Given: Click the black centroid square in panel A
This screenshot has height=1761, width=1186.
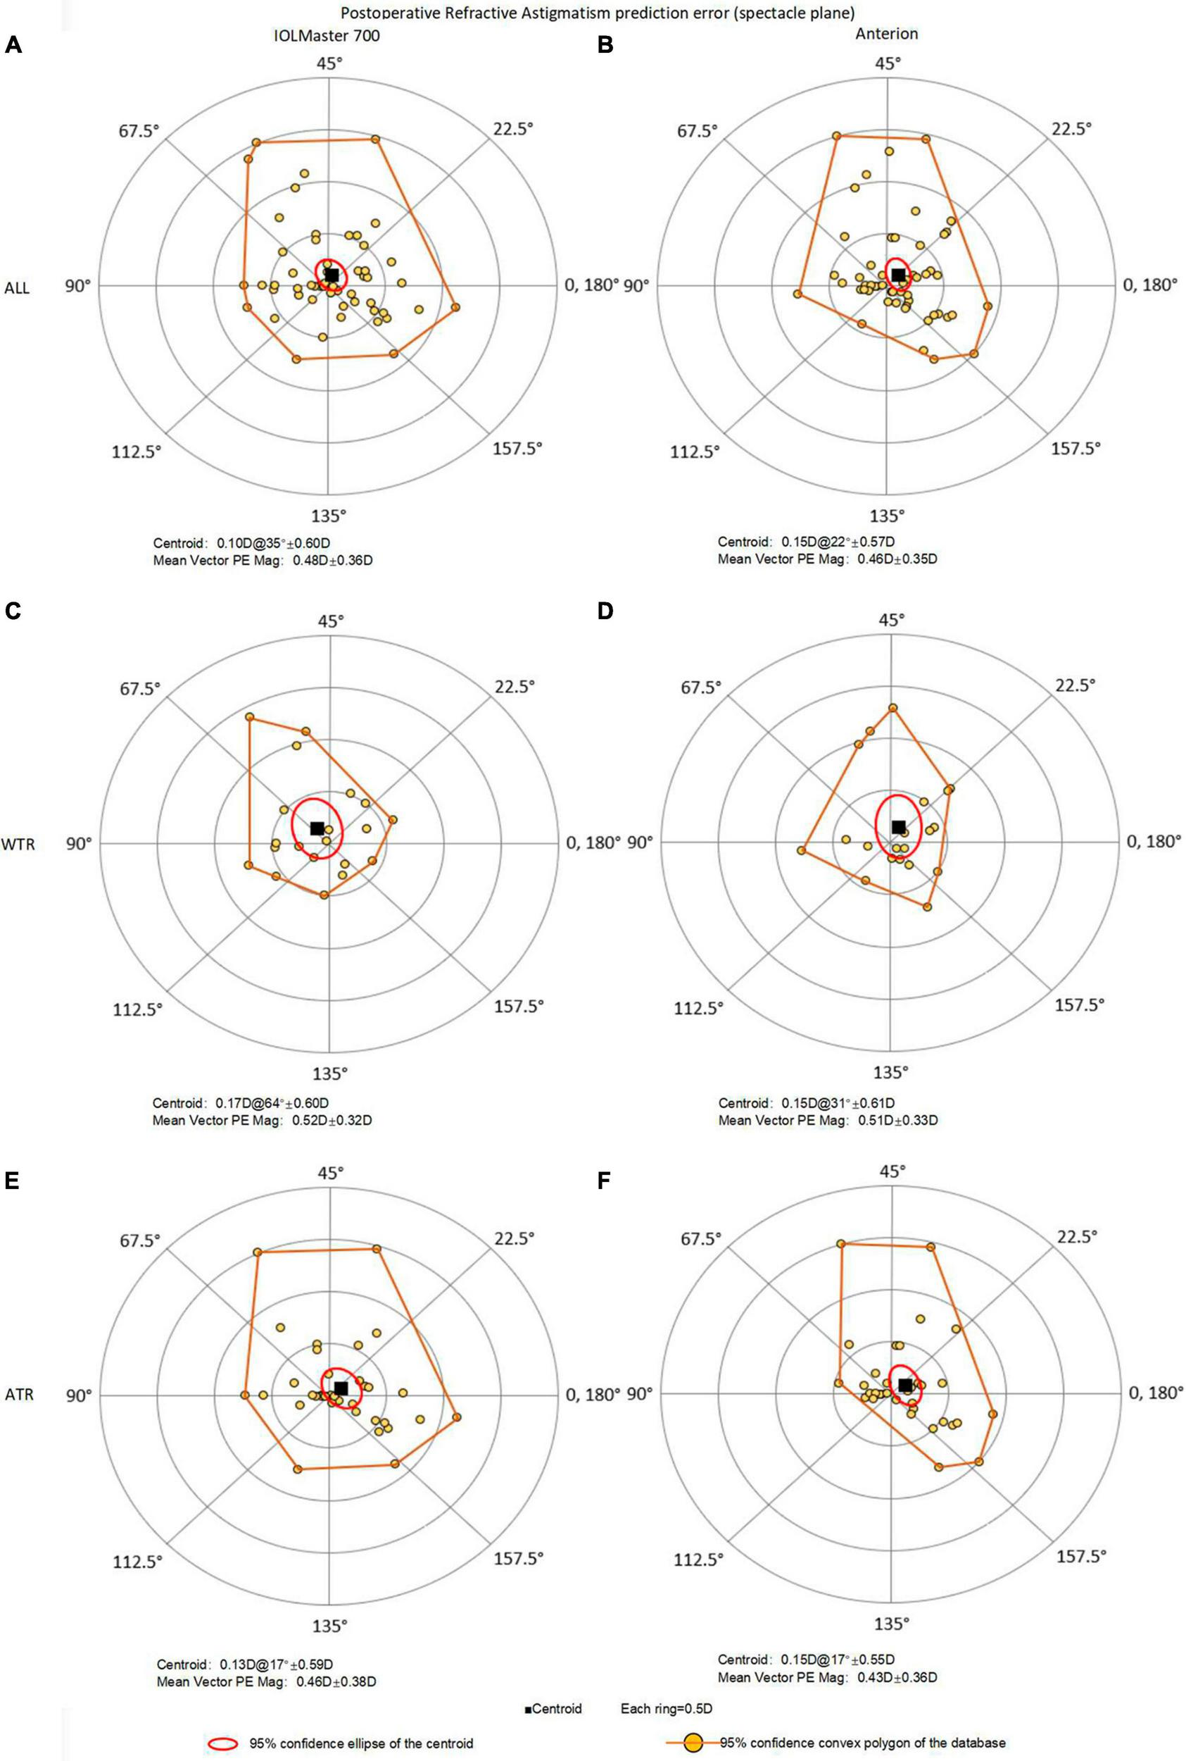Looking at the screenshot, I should coord(332,275).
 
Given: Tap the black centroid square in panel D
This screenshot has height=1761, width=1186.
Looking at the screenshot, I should coord(898,826).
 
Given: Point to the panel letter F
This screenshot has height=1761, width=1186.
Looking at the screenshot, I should coord(605,1181).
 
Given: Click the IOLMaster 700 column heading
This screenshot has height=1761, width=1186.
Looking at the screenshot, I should coord(328,35).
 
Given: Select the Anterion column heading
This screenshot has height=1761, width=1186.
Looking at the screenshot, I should coord(888,35).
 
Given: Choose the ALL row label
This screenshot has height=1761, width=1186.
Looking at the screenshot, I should coord(18,288).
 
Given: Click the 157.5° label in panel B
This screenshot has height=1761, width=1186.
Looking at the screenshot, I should coord(1076,448).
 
